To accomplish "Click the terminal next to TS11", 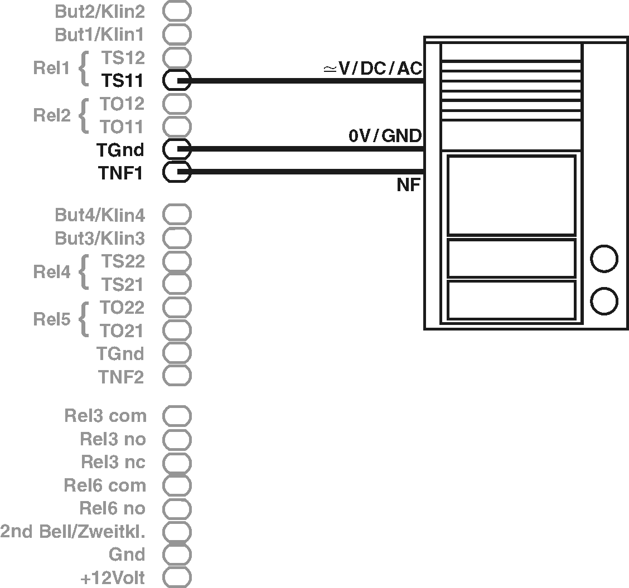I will (177, 81).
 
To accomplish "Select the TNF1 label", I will (120, 173).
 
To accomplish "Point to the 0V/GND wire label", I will (385, 135).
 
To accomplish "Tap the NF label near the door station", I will (408, 186).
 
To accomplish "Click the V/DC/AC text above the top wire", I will (373, 69).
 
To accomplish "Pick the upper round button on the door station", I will (604, 259).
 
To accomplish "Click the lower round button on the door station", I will (604, 302).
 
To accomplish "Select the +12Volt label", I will (113, 578).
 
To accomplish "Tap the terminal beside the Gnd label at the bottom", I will (177, 555).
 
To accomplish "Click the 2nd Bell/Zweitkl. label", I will (72, 532).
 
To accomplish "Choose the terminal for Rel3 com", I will (177, 416).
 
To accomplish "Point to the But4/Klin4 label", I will (100, 215).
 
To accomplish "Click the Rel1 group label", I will (51, 69).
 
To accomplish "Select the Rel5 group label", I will (51, 319).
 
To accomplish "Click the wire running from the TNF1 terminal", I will (307, 172).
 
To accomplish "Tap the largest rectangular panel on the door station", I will (511, 196).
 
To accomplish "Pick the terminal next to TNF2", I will (177, 376).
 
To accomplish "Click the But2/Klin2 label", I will (100, 11).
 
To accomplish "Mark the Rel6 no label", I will (112, 508).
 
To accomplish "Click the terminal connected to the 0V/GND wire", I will (177, 149).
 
